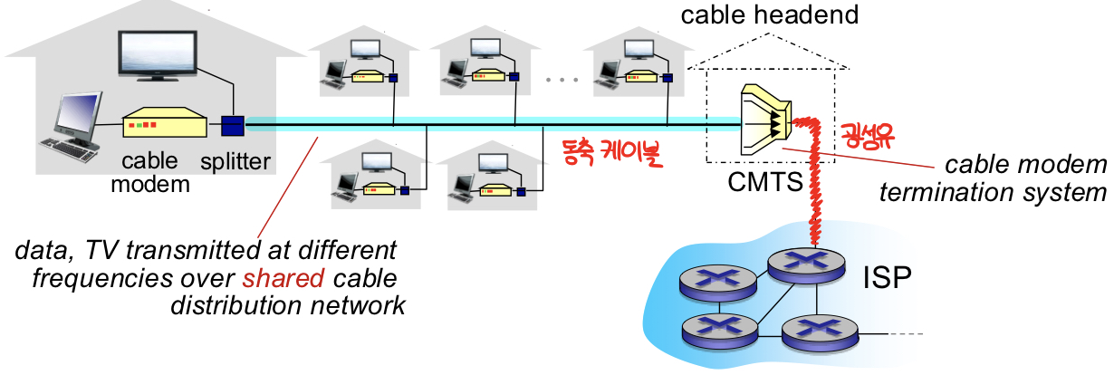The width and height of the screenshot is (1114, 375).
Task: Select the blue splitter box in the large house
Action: pyautogui.click(x=233, y=124)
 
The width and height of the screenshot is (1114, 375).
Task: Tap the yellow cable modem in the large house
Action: pyautogui.click(x=163, y=122)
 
